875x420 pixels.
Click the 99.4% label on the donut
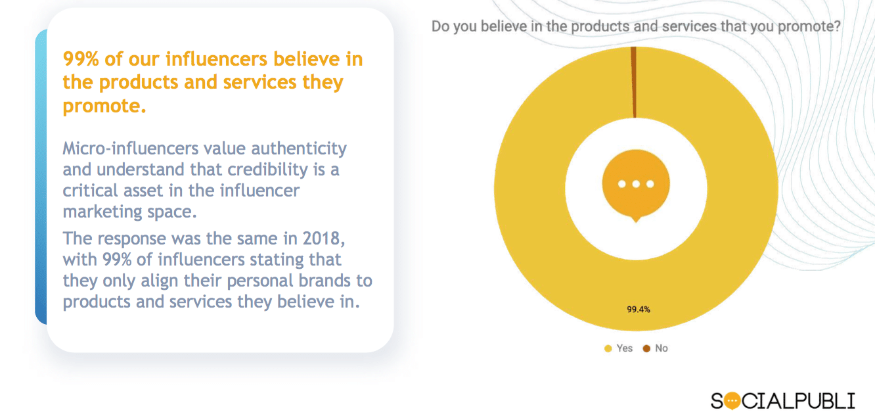[x=638, y=310]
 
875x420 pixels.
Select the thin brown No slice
[x=634, y=82]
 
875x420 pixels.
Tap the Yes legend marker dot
[x=608, y=348]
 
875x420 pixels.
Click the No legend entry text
[x=661, y=348]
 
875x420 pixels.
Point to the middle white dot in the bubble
[x=636, y=184]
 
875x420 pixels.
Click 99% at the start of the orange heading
[x=79, y=59]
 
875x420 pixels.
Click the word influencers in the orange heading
[x=216, y=59]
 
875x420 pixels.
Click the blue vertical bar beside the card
[x=41, y=177]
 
